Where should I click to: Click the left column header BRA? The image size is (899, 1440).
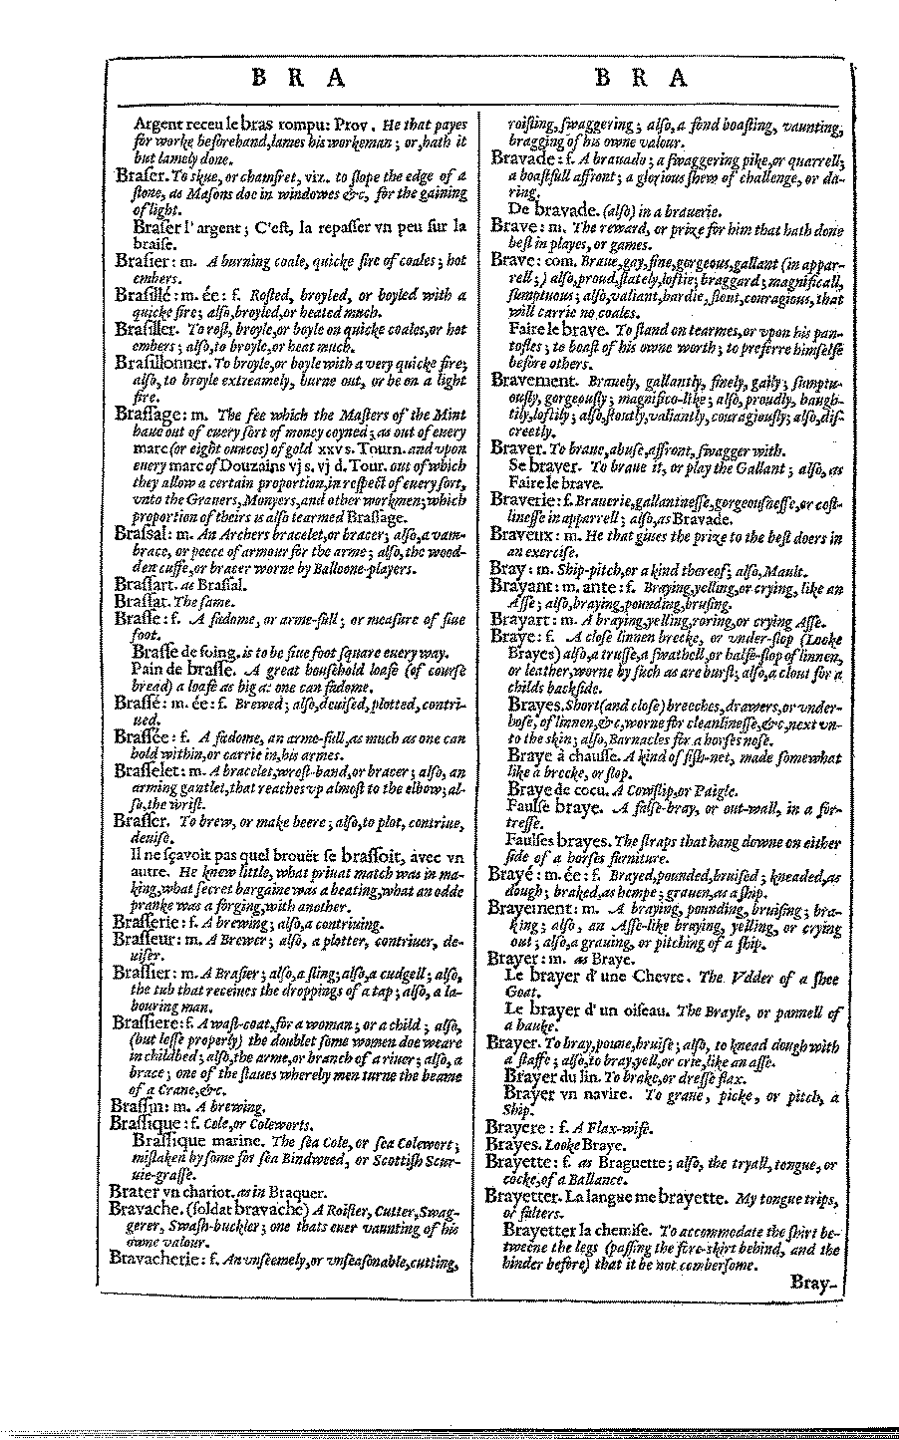295,78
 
